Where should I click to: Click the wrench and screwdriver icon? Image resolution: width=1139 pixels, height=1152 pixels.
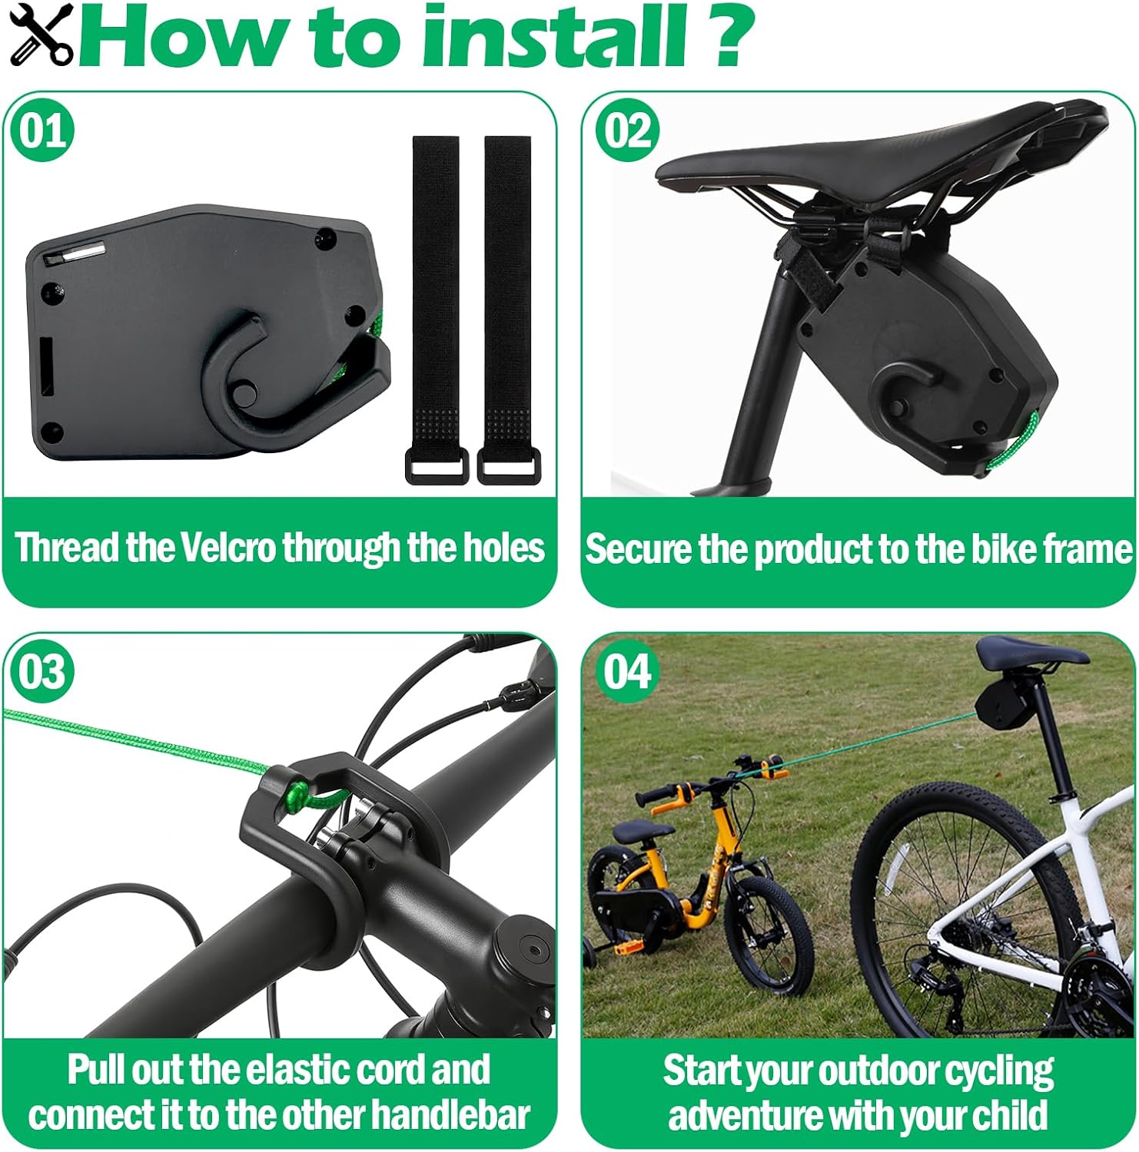[42, 34]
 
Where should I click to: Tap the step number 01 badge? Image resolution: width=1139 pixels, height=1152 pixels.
[42, 131]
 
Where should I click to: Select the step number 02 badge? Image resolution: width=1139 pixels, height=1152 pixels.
[627, 131]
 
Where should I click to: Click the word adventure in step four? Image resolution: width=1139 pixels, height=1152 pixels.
[739, 1115]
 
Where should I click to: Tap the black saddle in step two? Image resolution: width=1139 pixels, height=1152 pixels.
[880, 157]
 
